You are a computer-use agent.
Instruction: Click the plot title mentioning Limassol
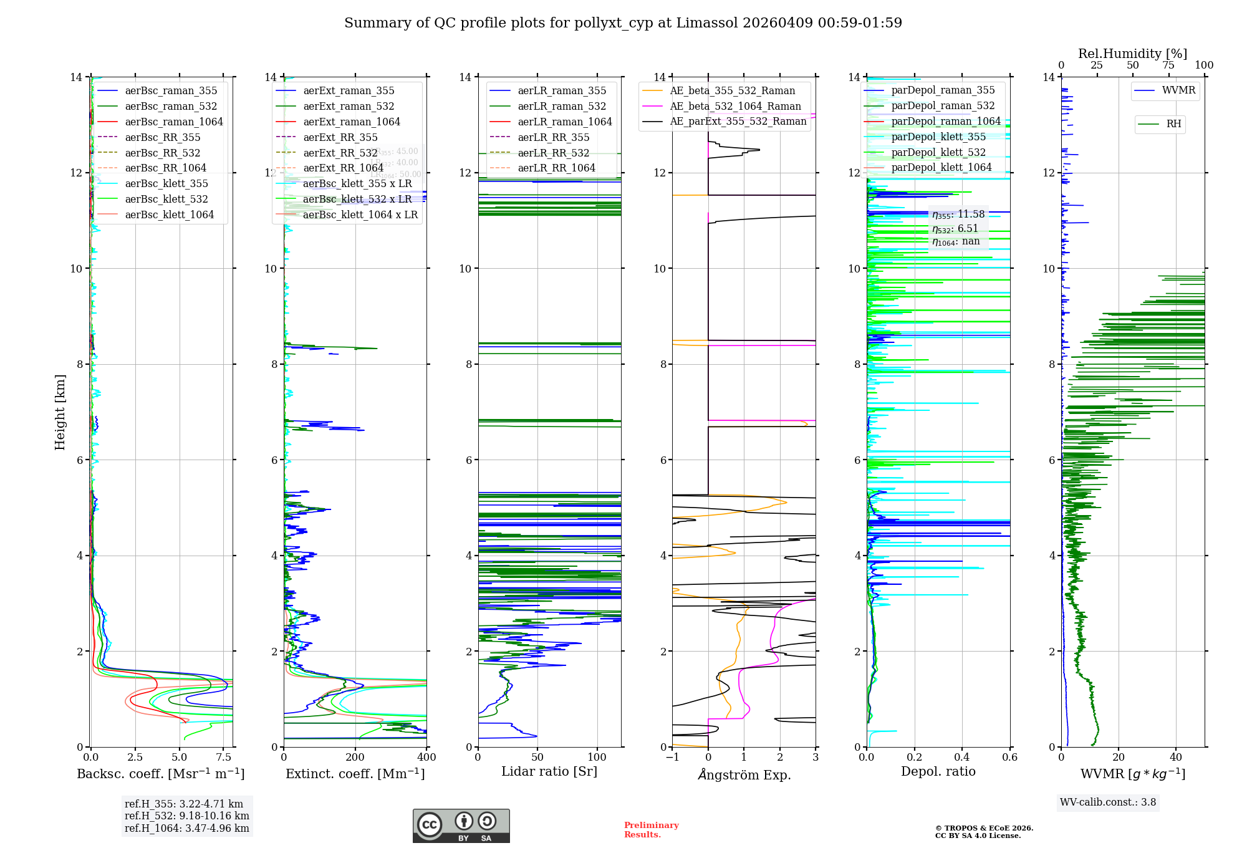[x=623, y=23]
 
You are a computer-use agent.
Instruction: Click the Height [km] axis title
[x=60, y=412]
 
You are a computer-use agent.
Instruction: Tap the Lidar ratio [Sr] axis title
[x=549, y=771]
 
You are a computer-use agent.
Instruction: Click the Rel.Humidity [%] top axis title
[x=1132, y=54]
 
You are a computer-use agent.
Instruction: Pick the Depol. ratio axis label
[x=938, y=771]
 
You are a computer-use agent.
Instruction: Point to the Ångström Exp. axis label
[x=744, y=774]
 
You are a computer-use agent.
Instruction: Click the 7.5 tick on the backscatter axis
[x=224, y=758]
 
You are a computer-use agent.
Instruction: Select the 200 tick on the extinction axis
[x=355, y=758]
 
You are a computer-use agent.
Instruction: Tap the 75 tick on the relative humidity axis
[x=1168, y=65]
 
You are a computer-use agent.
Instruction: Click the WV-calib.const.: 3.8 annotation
[x=1108, y=802]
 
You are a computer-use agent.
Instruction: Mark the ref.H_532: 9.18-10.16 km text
[x=186, y=816]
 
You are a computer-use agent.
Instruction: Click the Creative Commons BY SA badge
[x=461, y=826]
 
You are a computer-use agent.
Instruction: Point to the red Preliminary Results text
[x=651, y=830]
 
